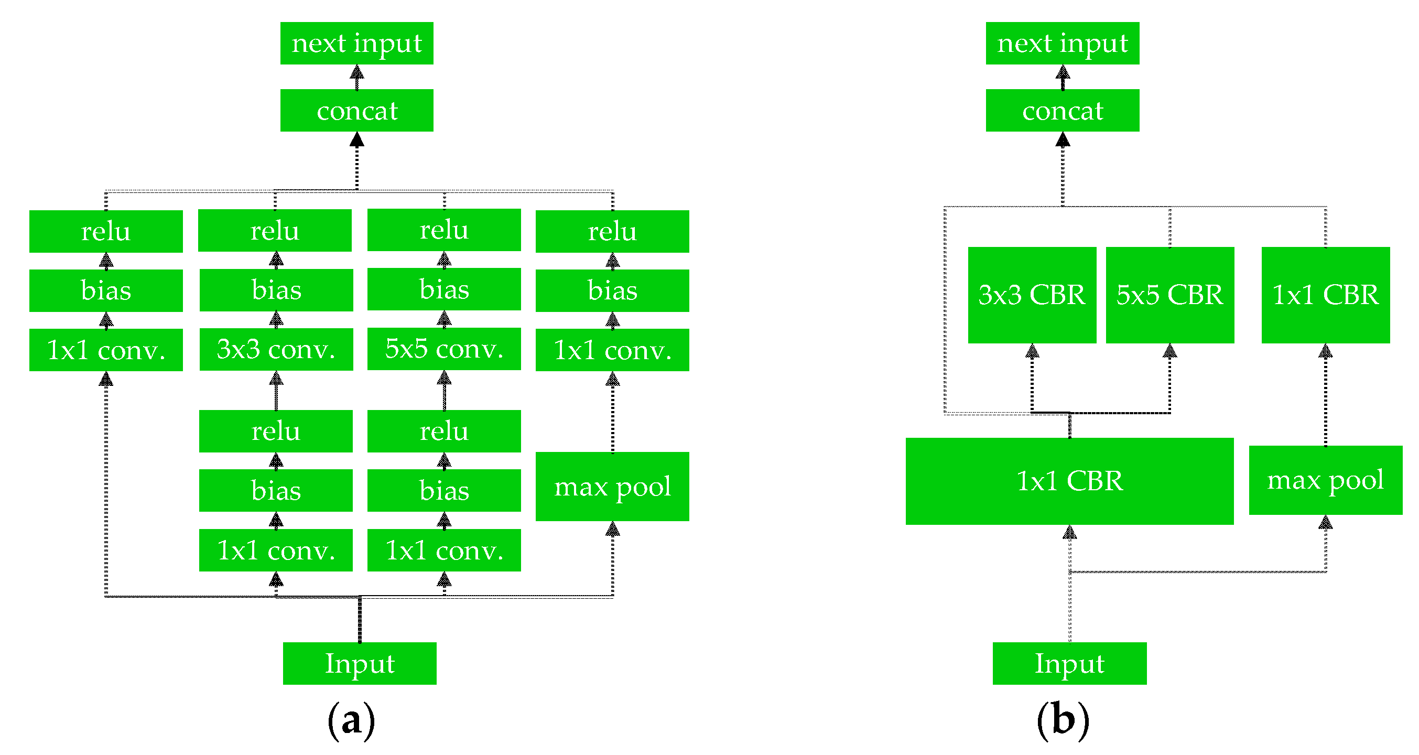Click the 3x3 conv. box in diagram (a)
(x=276, y=349)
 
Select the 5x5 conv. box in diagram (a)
(x=444, y=349)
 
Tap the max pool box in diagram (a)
(x=612, y=486)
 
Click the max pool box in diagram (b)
(x=1325, y=480)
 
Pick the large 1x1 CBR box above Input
(x=1069, y=481)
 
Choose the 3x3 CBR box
(x=1032, y=295)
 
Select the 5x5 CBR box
(x=1169, y=295)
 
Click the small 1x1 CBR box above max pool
(x=1325, y=295)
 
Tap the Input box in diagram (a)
(x=359, y=663)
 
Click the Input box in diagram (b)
(x=1069, y=663)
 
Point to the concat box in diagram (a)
(x=356, y=110)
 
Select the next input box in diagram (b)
(x=1062, y=43)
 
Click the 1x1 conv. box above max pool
(x=612, y=350)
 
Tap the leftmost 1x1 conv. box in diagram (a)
(x=106, y=350)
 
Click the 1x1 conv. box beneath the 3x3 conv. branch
(x=275, y=550)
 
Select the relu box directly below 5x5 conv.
(x=444, y=431)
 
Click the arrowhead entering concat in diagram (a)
(x=356, y=139)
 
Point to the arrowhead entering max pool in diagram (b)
(x=1325, y=522)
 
